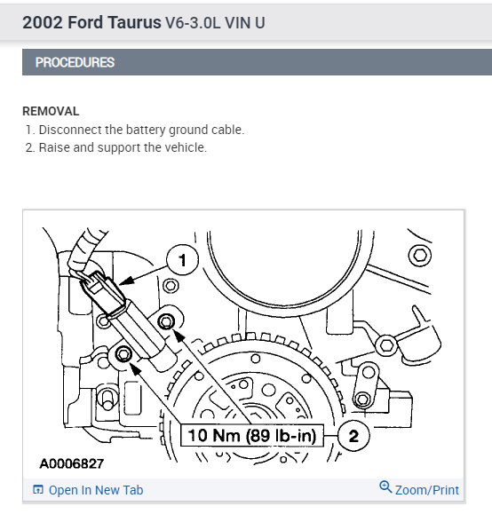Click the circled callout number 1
(182, 260)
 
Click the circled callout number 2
(353, 435)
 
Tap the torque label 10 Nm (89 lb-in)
(252, 435)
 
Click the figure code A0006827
(72, 463)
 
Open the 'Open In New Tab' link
(96, 490)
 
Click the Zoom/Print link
(426, 490)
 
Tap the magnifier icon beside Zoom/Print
(385, 487)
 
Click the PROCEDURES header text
(75, 62)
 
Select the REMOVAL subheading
(51, 111)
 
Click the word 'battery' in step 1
(146, 130)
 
